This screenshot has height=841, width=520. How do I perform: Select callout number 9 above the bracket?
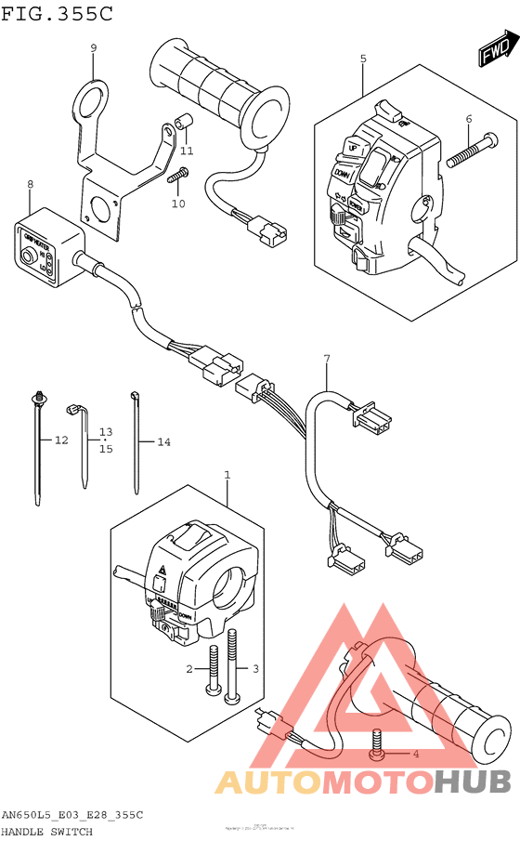pos(93,47)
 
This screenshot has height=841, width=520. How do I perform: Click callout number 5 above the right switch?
pos(363,59)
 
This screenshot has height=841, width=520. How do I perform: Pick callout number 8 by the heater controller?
pos(30,184)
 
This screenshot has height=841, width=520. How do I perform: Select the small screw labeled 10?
pos(180,172)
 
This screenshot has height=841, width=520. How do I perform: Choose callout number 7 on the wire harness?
pos(326,358)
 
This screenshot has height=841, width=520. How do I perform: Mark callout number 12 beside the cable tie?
pos(61,440)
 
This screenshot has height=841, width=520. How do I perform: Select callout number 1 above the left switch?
pos(226,475)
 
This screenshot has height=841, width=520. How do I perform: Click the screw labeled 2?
pos(213,667)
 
